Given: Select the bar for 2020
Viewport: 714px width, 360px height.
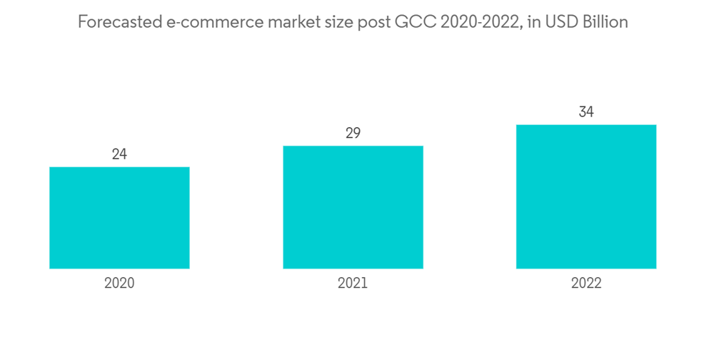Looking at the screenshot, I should pyautogui.click(x=119, y=218).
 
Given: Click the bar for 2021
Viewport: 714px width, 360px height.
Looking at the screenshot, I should pyautogui.click(x=353, y=207).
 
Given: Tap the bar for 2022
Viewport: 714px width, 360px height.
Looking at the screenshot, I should pyautogui.click(x=586, y=196).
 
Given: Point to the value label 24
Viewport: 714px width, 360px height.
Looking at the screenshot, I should pyautogui.click(x=119, y=154).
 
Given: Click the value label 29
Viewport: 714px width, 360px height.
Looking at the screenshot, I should pyautogui.click(x=353, y=134).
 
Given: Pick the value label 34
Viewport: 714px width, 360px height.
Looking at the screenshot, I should pyautogui.click(x=586, y=112).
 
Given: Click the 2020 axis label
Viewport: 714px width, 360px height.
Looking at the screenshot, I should pyautogui.click(x=119, y=283).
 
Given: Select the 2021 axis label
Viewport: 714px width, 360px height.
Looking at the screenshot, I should pyautogui.click(x=353, y=283).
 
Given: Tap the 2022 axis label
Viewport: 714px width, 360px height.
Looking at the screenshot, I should pyautogui.click(x=586, y=283).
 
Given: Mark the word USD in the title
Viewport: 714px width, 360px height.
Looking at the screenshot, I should pyautogui.click(x=561, y=23).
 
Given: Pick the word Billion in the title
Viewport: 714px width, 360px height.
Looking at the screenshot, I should pyautogui.click(x=605, y=23).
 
